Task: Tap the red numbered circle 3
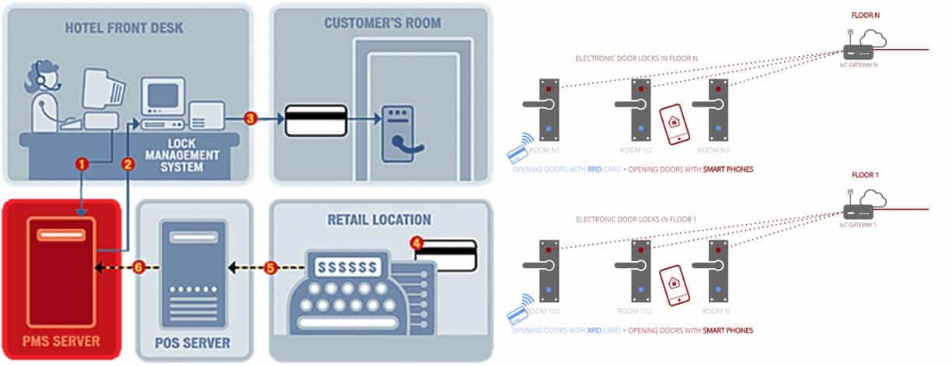point(249,119)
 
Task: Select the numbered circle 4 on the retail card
point(418,243)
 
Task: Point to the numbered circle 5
point(270,267)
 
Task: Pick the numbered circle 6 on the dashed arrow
point(138,267)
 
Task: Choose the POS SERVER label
point(194,342)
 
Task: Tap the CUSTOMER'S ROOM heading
point(382,23)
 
